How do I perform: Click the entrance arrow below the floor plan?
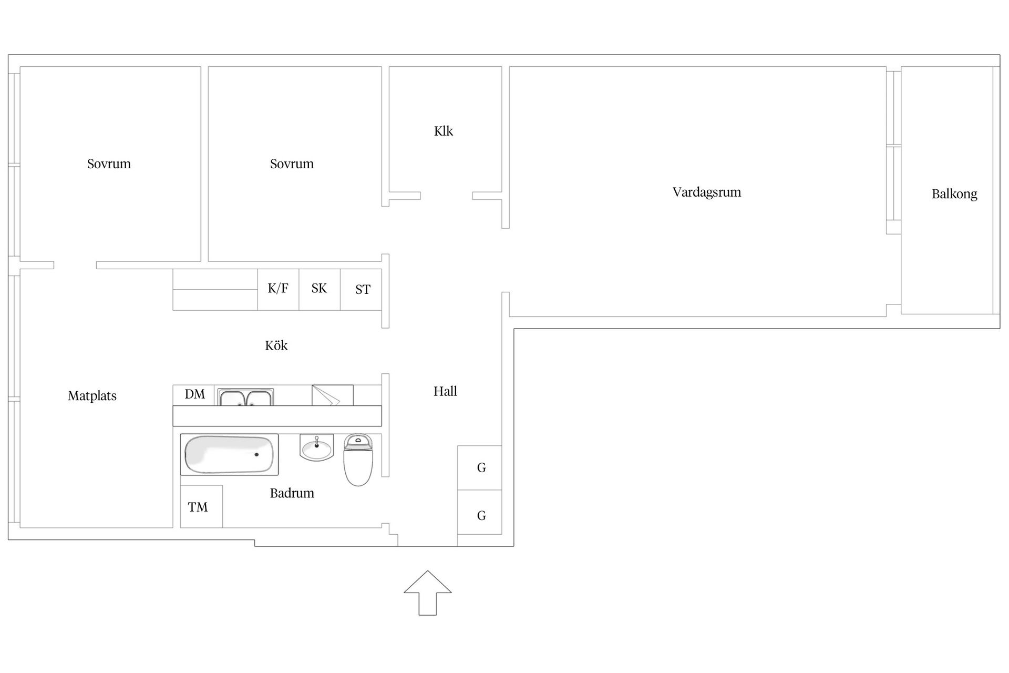point(427,593)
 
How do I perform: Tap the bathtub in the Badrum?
point(229,454)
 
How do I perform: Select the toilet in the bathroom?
point(358,460)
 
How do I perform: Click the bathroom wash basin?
point(316,447)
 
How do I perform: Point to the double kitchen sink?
point(245,397)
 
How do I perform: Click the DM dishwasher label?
point(194,394)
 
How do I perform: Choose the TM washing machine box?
point(201,506)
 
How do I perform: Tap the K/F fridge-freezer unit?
point(278,289)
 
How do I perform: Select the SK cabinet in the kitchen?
point(320,289)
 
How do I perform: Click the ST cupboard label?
point(363,290)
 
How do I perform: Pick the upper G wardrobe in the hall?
point(479,468)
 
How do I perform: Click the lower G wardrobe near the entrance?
point(479,513)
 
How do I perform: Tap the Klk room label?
point(443,131)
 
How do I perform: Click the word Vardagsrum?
point(707,192)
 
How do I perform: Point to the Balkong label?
point(954,194)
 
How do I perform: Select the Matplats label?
point(92,396)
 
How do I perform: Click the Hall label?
point(445,391)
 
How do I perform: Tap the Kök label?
point(276,345)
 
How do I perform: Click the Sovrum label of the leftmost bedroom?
point(109,164)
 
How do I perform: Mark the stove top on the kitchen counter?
point(333,395)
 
